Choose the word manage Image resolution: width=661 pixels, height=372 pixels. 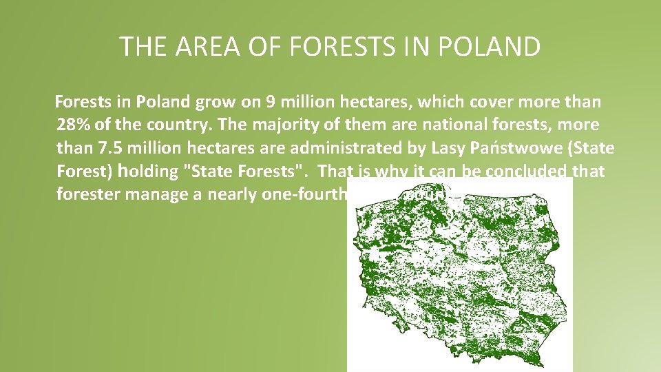[166, 194]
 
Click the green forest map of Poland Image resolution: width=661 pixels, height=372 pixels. [459, 276]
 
